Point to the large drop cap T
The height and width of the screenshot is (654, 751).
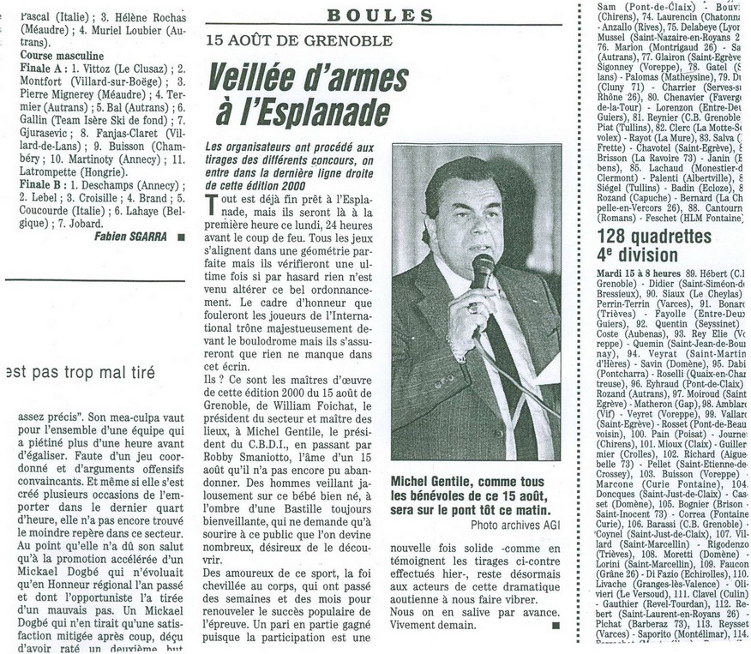click(x=213, y=204)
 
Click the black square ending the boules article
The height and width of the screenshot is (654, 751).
click(x=556, y=626)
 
